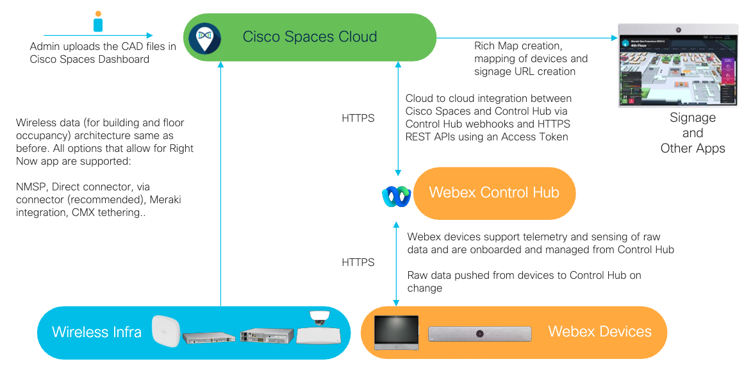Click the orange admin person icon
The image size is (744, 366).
pos(97,21)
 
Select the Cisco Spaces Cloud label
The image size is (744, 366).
pos(310,37)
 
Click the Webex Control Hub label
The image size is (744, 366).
pos(493,193)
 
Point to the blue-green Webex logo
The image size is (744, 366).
pos(395,195)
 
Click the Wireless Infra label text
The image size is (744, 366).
pos(97,332)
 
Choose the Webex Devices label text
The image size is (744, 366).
pos(599,331)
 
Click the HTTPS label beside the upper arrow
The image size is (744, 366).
pos(358,118)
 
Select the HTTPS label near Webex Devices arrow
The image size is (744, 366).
pos(358,262)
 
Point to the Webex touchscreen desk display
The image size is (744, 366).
pos(396,332)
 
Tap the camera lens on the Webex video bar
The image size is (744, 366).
pos(479,333)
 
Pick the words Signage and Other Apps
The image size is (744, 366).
pos(693,133)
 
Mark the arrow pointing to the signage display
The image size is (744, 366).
pos(532,38)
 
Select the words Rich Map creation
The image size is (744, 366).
pos(518,46)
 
